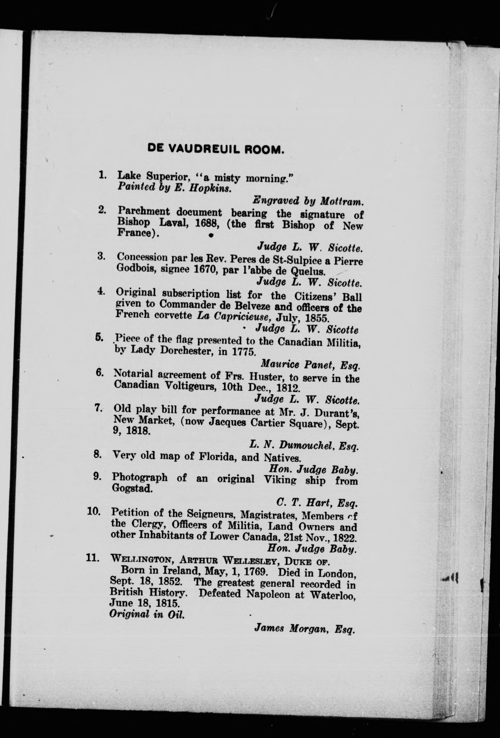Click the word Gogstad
click(132, 489)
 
